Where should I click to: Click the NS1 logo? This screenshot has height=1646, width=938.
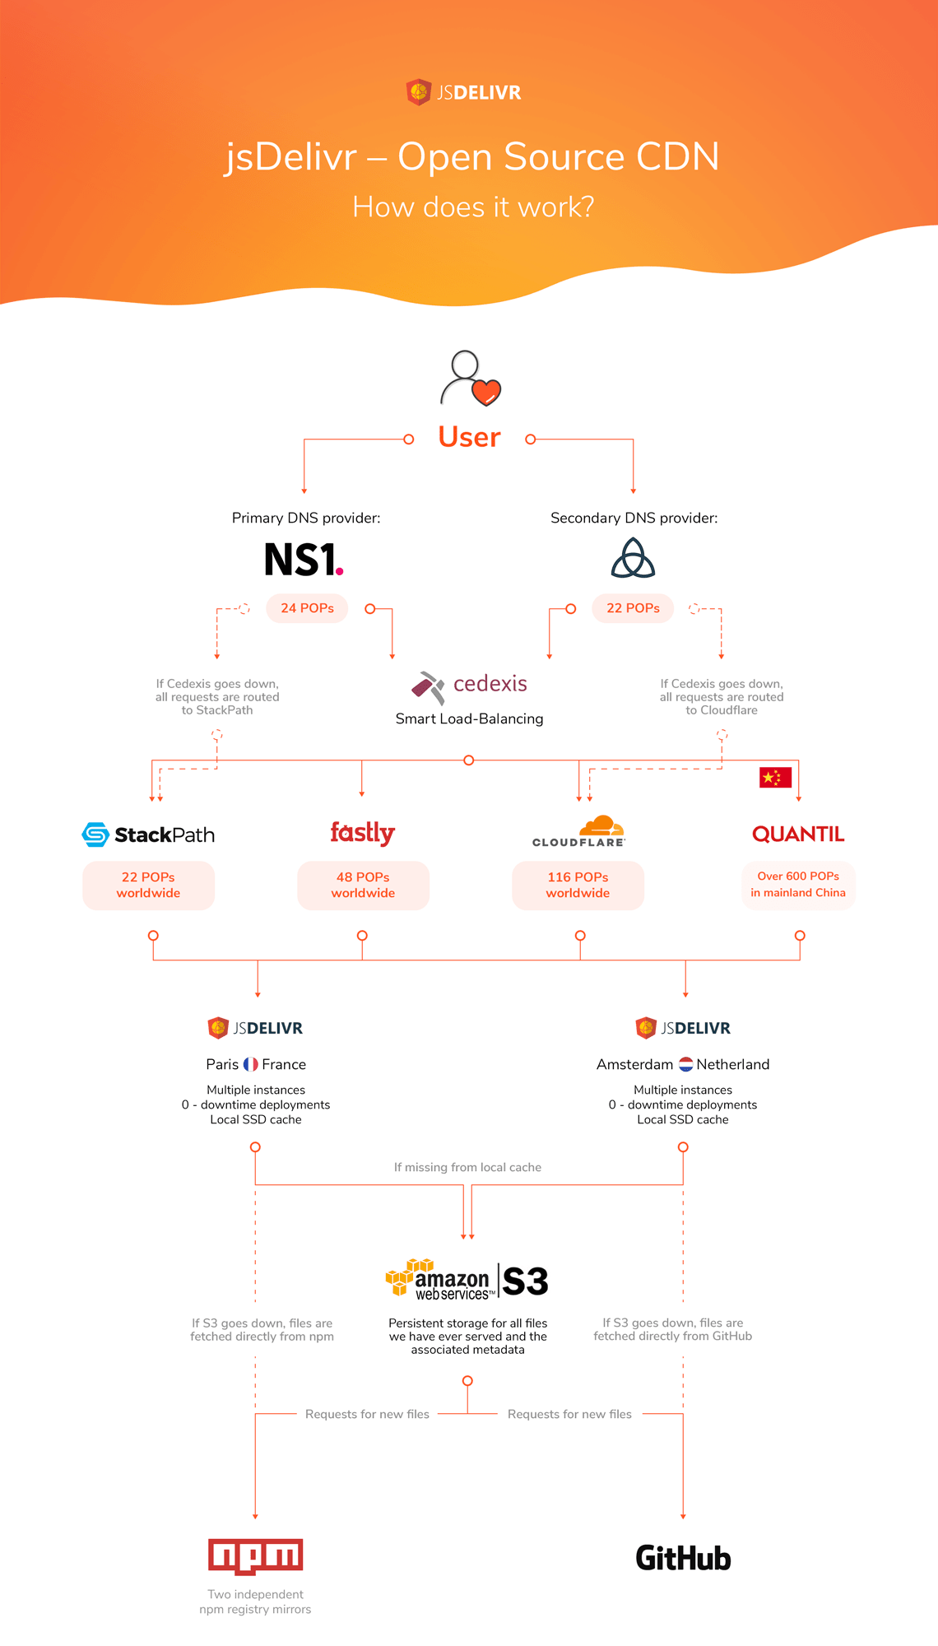pos(304,560)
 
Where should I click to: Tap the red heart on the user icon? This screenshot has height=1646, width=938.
pos(486,393)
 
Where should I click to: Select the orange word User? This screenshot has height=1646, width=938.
pos(469,437)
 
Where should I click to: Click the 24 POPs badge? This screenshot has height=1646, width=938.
pos(307,608)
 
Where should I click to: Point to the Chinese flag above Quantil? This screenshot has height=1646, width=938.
pos(775,777)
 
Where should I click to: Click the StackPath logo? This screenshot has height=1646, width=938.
pos(148,835)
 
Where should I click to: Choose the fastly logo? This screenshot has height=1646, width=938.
pos(363,833)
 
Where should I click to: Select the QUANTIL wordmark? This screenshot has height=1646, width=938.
pos(798,835)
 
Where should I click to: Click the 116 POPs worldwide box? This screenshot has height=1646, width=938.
pos(578,886)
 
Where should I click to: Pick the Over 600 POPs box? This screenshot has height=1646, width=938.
pos(798,886)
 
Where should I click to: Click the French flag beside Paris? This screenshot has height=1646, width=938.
pos(251,1064)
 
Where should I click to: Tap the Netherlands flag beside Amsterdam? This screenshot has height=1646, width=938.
pos(685,1064)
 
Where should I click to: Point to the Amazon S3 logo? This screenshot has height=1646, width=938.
pos(467,1281)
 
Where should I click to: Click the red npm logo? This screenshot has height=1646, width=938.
pos(255,1556)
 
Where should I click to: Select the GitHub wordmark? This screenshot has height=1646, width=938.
pos(683,1558)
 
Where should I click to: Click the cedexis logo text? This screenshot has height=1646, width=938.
pos(490,683)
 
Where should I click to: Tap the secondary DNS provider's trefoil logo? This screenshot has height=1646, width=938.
pos(633,558)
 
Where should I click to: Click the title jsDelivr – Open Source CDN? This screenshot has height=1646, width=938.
pos(472,156)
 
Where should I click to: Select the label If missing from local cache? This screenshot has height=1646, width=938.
pos(467,1167)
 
